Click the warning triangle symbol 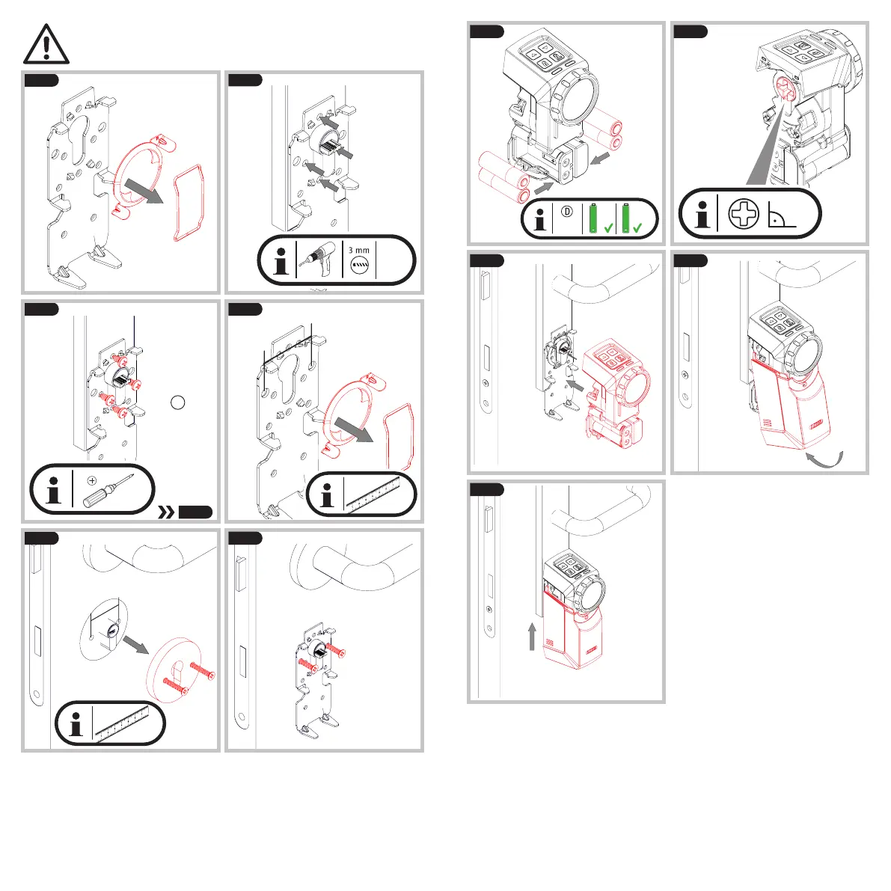(46, 44)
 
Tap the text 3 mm (358, 250)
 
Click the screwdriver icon (108, 491)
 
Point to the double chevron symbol (166, 512)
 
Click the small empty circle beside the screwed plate (178, 402)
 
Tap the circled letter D (566, 212)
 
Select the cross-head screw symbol (744, 214)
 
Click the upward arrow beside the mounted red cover (532, 637)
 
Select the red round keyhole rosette (174, 670)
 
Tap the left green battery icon (593, 218)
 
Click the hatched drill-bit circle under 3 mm (360, 265)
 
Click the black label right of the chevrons (195, 512)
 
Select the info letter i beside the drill (281, 261)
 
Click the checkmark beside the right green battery (637, 227)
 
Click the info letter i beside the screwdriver (53, 491)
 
